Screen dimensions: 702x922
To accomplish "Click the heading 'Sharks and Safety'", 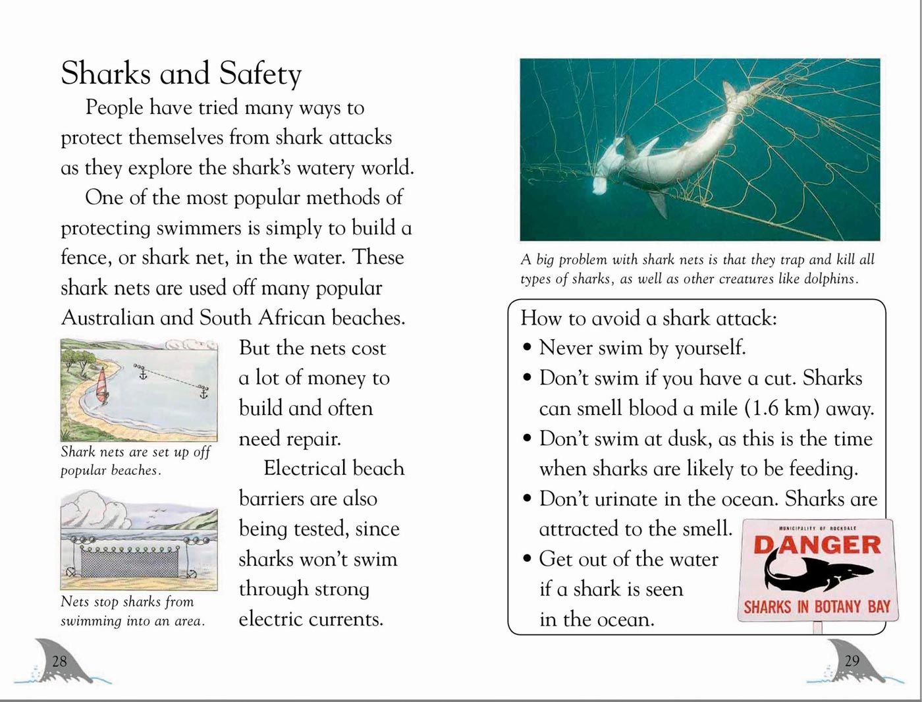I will click(181, 74).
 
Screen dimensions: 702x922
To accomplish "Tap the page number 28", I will click(59, 661).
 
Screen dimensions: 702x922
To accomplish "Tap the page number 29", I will click(852, 661).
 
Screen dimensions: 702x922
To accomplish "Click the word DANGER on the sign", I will click(817, 545).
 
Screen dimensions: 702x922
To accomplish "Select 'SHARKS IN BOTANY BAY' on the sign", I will click(817, 607).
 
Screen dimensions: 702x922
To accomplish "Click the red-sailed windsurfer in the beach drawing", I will click(102, 384).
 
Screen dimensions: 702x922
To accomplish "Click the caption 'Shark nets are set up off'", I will click(135, 452).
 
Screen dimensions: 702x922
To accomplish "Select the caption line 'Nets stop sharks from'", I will click(127, 601).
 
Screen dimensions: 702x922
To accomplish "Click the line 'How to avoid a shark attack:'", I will click(649, 319).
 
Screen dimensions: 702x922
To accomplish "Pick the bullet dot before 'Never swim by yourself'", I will click(527, 348).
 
